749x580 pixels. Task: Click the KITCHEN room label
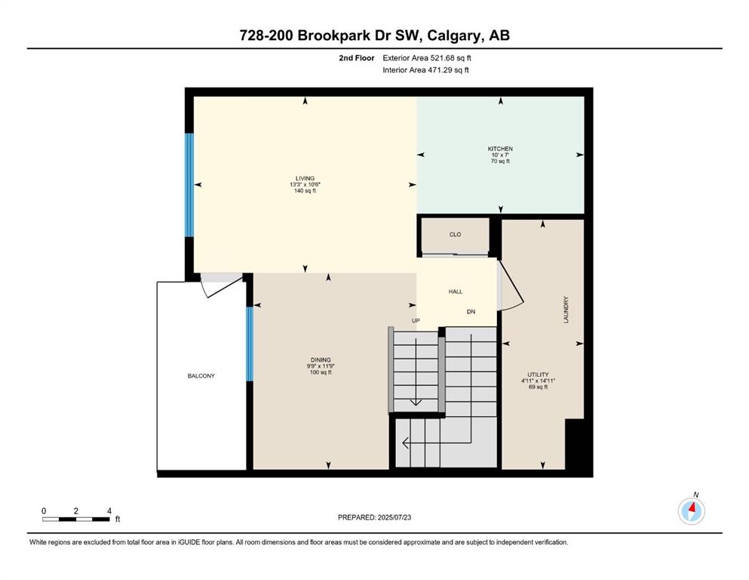pos(500,149)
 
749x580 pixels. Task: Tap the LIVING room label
pos(305,178)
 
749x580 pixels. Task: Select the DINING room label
pos(321,360)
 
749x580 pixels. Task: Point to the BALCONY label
pos(201,376)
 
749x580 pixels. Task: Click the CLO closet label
pos(456,234)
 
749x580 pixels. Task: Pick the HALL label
pos(456,292)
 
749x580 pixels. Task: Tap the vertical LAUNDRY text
pos(566,310)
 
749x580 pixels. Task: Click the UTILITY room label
pos(538,375)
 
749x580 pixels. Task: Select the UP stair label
pos(416,320)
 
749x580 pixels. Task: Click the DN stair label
pos(471,312)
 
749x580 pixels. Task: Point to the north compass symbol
pos(691,511)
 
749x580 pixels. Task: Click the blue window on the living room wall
pos(189,185)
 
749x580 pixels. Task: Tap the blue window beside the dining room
pos(250,344)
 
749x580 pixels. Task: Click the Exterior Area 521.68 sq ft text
pos(427,58)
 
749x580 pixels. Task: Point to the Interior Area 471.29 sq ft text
pos(425,69)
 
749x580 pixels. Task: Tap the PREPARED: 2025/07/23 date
pos(374,517)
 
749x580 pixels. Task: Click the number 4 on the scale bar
pos(109,511)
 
